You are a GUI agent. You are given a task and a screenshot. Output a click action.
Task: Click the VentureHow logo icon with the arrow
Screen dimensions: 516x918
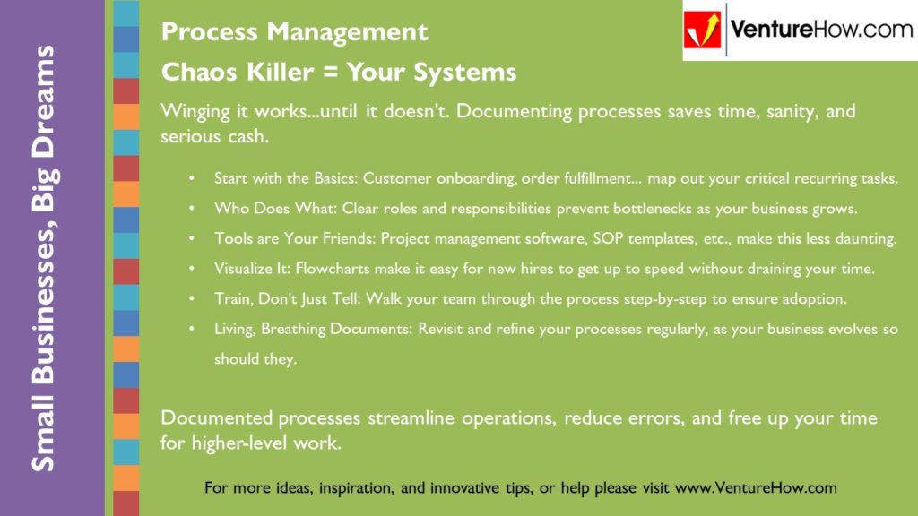(x=703, y=30)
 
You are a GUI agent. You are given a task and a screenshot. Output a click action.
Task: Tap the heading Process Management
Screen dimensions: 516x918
(x=294, y=32)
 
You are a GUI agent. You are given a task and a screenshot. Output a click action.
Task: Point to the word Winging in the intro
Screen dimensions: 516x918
(x=195, y=112)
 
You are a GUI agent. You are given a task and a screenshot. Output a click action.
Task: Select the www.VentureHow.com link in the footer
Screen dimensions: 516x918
(x=755, y=488)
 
